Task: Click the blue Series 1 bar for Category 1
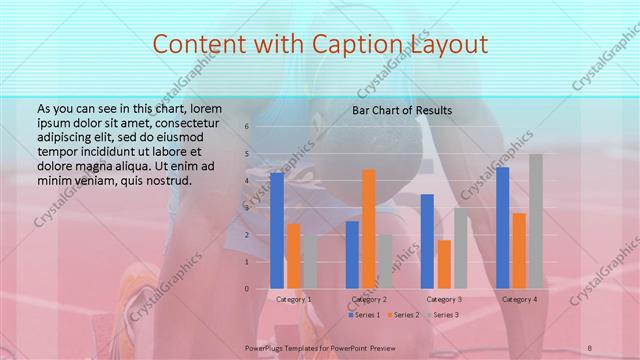[x=277, y=230]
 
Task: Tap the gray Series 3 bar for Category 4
[x=536, y=221]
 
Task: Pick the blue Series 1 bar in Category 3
[x=427, y=241]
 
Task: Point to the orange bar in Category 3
[x=444, y=264]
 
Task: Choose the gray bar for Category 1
[x=309, y=261]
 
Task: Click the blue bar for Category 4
[x=502, y=227]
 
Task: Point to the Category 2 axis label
[x=369, y=299]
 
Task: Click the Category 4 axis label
[x=519, y=299]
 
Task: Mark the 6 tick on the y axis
[x=246, y=127]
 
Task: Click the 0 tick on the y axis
[x=246, y=289]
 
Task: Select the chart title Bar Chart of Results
[x=402, y=110]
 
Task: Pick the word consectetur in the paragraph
[x=176, y=122]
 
